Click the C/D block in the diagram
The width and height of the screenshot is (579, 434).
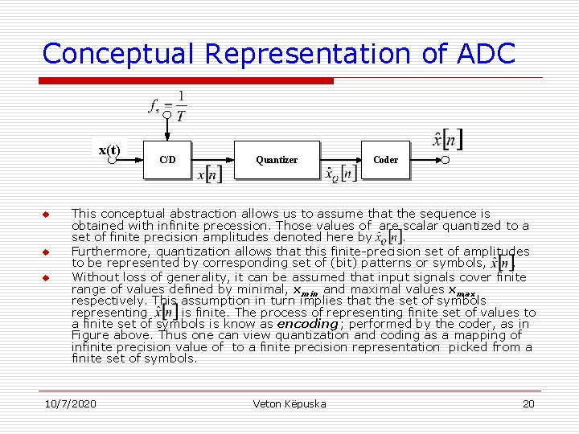click(x=168, y=160)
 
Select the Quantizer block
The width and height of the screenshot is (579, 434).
click(x=277, y=160)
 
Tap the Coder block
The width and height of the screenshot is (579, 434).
click(x=385, y=160)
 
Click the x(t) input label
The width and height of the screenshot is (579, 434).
click(x=109, y=150)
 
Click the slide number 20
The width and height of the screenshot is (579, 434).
click(x=528, y=403)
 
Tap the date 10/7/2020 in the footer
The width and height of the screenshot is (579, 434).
click(x=71, y=403)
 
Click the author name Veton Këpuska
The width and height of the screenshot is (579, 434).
click(x=289, y=403)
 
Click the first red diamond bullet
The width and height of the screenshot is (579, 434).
click(x=46, y=215)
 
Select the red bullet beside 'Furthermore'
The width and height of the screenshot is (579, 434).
click(x=46, y=252)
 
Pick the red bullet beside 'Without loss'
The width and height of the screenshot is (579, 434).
click(x=46, y=277)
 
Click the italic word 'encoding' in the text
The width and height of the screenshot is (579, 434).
click(x=308, y=324)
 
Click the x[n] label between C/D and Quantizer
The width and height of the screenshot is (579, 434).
click(x=211, y=174)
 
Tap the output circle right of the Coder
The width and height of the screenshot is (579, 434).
click(x=445, y=160)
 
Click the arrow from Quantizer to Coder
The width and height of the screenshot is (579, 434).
click(x=341, y=160)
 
